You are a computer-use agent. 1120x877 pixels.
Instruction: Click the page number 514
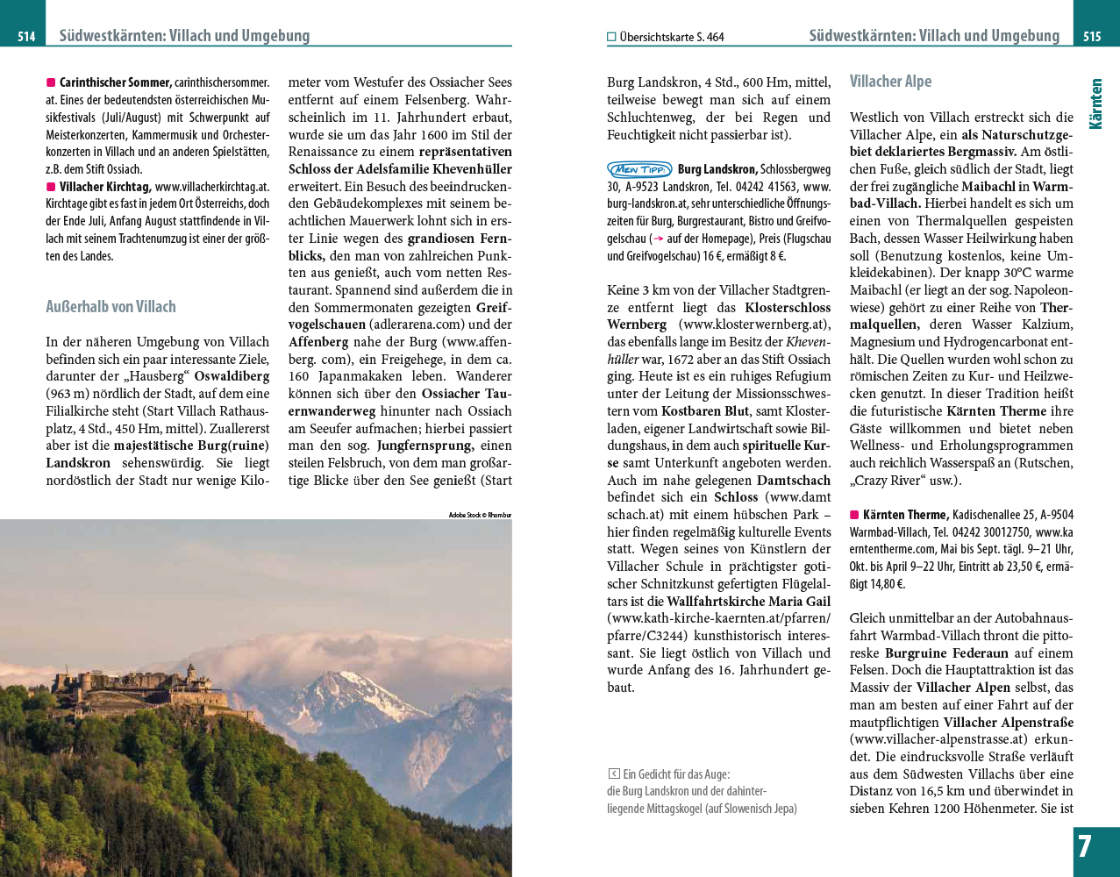(x=26, y=37)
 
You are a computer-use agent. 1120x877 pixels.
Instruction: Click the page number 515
(x=1092, y=37)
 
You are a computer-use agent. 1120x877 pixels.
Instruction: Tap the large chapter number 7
(x=1085, y=847)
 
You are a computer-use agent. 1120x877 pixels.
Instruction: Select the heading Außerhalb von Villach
(x=111, y=307)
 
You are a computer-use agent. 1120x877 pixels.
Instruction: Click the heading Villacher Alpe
(x=890, y=82)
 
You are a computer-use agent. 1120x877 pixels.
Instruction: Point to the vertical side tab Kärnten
(x=1095, y=104)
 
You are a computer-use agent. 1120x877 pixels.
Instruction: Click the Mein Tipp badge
(x=639, y=169)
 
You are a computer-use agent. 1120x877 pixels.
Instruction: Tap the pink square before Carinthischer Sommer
(x=51, y=82)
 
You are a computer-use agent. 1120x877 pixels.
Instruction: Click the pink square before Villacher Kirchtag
(x=51, y=187)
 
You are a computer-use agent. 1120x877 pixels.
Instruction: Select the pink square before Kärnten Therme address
(x=854, y=515)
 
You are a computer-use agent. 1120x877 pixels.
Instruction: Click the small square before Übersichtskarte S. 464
(x=611, y=37)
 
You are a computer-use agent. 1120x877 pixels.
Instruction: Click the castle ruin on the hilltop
(x=140, y=684)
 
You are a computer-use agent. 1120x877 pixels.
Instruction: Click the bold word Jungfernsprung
(x=424, y=446)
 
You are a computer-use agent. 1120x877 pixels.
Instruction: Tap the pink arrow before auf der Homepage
(x=656, y=239)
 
